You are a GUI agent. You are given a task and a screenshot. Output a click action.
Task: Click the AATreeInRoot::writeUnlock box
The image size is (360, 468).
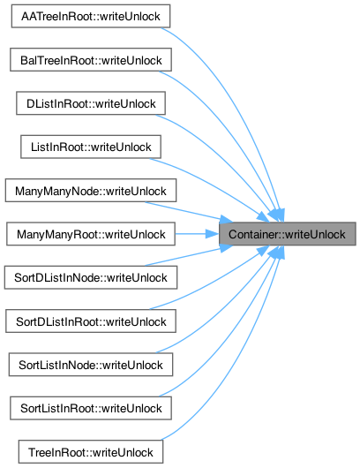click(x=91, y=16)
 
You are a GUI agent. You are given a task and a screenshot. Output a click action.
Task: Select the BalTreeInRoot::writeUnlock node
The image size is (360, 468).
click(x=91, y=60)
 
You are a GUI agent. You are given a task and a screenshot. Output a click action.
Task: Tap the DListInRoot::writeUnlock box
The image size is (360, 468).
click(x=91, y=103)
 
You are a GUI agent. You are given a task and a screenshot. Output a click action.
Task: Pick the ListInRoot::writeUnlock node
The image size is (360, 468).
click(x=91, y=147)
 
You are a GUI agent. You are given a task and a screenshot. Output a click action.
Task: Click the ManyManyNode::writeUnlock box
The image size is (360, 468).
click(x=91, y=191)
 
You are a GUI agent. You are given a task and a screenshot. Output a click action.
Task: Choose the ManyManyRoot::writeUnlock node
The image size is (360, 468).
click(x=91, y=234)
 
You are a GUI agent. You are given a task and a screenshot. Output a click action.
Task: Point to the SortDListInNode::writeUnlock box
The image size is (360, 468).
click(x=91, y=277)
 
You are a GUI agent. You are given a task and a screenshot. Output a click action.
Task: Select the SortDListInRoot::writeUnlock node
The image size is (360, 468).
click(x=91, y=321)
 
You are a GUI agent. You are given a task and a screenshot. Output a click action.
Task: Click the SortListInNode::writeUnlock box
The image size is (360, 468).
click(x=91, y=365)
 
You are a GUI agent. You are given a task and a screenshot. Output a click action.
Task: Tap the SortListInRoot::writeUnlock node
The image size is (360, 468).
click(x=91, y=408)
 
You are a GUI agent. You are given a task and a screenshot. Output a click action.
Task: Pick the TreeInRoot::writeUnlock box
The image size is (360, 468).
click(x=91, y=452)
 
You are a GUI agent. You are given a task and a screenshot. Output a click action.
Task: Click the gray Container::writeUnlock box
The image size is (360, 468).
click(x=288, y=234)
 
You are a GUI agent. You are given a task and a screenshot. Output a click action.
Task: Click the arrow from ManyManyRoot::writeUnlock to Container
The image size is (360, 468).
click(x=197, y=234)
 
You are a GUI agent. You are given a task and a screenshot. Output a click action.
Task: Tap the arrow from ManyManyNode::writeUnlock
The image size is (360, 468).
click(x=188, y=212)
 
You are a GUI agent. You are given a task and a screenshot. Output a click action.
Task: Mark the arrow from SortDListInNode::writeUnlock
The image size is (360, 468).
click(x=188, y=256)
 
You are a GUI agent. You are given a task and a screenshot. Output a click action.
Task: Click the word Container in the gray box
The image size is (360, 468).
click(x=250, y=234)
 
